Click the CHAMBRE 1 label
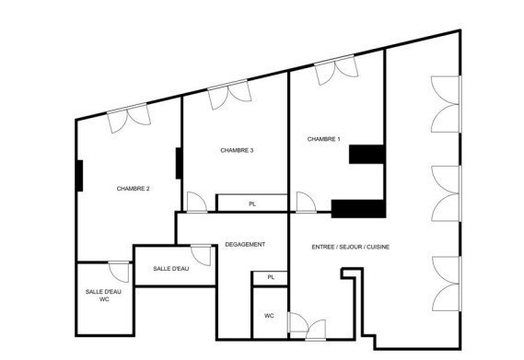323,139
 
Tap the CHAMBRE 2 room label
134,189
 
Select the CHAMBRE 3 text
238,150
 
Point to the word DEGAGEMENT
245,244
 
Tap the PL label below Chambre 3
251,203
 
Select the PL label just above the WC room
270,277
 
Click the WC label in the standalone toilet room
269,316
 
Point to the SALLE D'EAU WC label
103,295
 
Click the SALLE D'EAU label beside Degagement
171,268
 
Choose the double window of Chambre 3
229,96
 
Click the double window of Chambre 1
335,71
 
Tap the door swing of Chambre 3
196,203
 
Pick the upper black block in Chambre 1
366,154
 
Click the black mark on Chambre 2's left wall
81,175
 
